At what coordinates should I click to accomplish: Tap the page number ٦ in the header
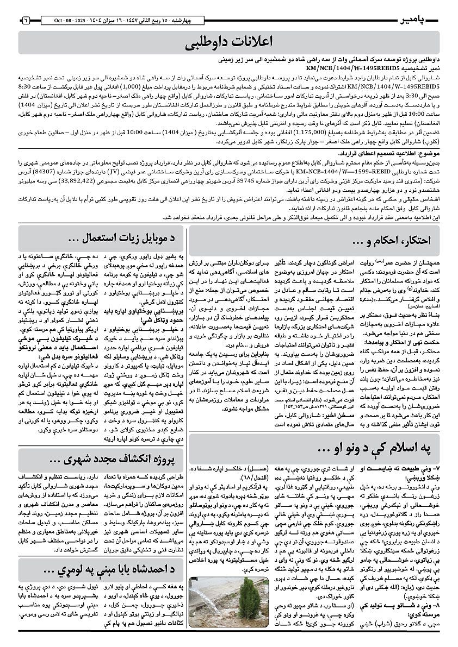click(x=26, y=21)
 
